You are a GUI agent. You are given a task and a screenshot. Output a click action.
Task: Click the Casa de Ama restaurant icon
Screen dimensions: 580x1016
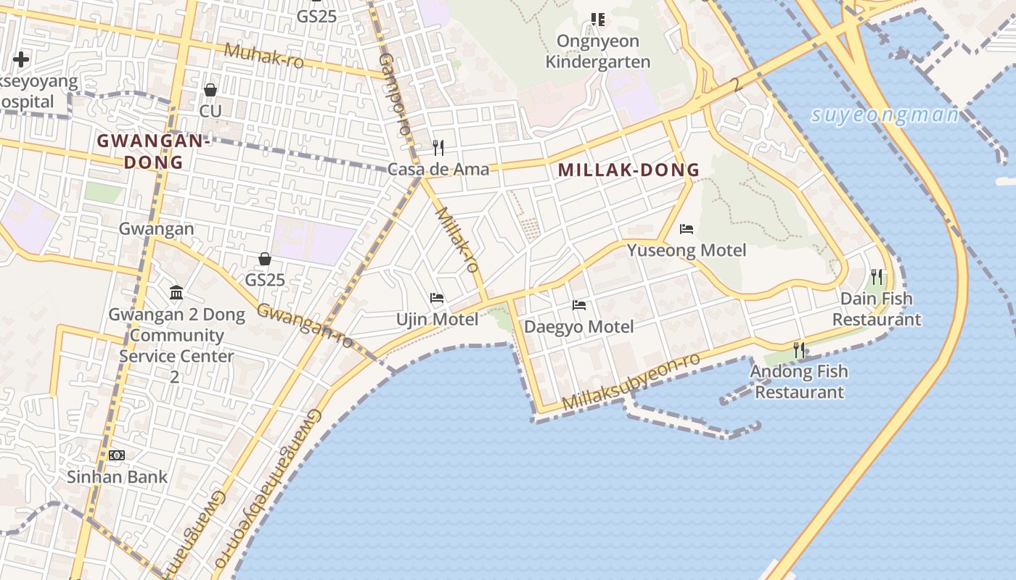point(438,148)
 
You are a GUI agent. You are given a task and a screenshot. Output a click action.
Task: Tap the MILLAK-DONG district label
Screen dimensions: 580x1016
point(628,170)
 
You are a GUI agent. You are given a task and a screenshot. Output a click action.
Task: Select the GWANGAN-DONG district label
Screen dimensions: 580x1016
point(153,152)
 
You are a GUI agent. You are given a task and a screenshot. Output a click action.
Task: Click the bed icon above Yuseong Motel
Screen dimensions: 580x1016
point(687,229)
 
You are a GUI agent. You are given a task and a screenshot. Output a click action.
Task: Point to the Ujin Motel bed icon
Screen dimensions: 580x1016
point(437,298)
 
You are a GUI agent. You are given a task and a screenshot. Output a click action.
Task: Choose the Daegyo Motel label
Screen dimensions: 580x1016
point(578,326)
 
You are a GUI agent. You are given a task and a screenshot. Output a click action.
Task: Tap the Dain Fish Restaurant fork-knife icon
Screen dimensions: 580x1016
point(877,276)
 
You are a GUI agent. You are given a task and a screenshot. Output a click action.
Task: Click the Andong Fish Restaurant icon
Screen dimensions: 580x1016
point(799,350)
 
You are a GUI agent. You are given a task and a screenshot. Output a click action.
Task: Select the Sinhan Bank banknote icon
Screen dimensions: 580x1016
point(117,455)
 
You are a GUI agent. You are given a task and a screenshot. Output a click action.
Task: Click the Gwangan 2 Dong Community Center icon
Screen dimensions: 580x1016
point(176,293)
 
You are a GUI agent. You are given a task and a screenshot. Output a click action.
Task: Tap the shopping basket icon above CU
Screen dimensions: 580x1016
point(210,90)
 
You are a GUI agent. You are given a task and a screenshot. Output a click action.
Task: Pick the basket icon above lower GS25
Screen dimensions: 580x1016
point(265,259)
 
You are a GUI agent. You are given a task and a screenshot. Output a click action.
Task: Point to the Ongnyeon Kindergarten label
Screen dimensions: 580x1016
point(598,51)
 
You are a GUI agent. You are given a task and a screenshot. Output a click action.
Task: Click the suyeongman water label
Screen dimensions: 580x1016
point(885,115)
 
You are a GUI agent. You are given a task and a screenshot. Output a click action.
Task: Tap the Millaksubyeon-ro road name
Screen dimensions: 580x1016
point(631,382)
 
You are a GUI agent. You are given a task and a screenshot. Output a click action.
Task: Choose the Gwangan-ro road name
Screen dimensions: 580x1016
point(305,326)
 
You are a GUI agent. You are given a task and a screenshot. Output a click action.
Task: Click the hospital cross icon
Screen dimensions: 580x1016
point(21,59)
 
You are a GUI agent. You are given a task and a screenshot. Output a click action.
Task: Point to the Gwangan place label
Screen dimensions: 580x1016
point(156,229)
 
